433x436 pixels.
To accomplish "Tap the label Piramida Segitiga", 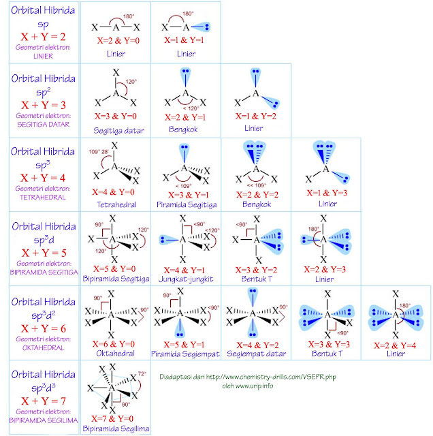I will point(185,203).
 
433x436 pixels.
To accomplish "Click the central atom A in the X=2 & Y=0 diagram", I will point(116,28).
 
